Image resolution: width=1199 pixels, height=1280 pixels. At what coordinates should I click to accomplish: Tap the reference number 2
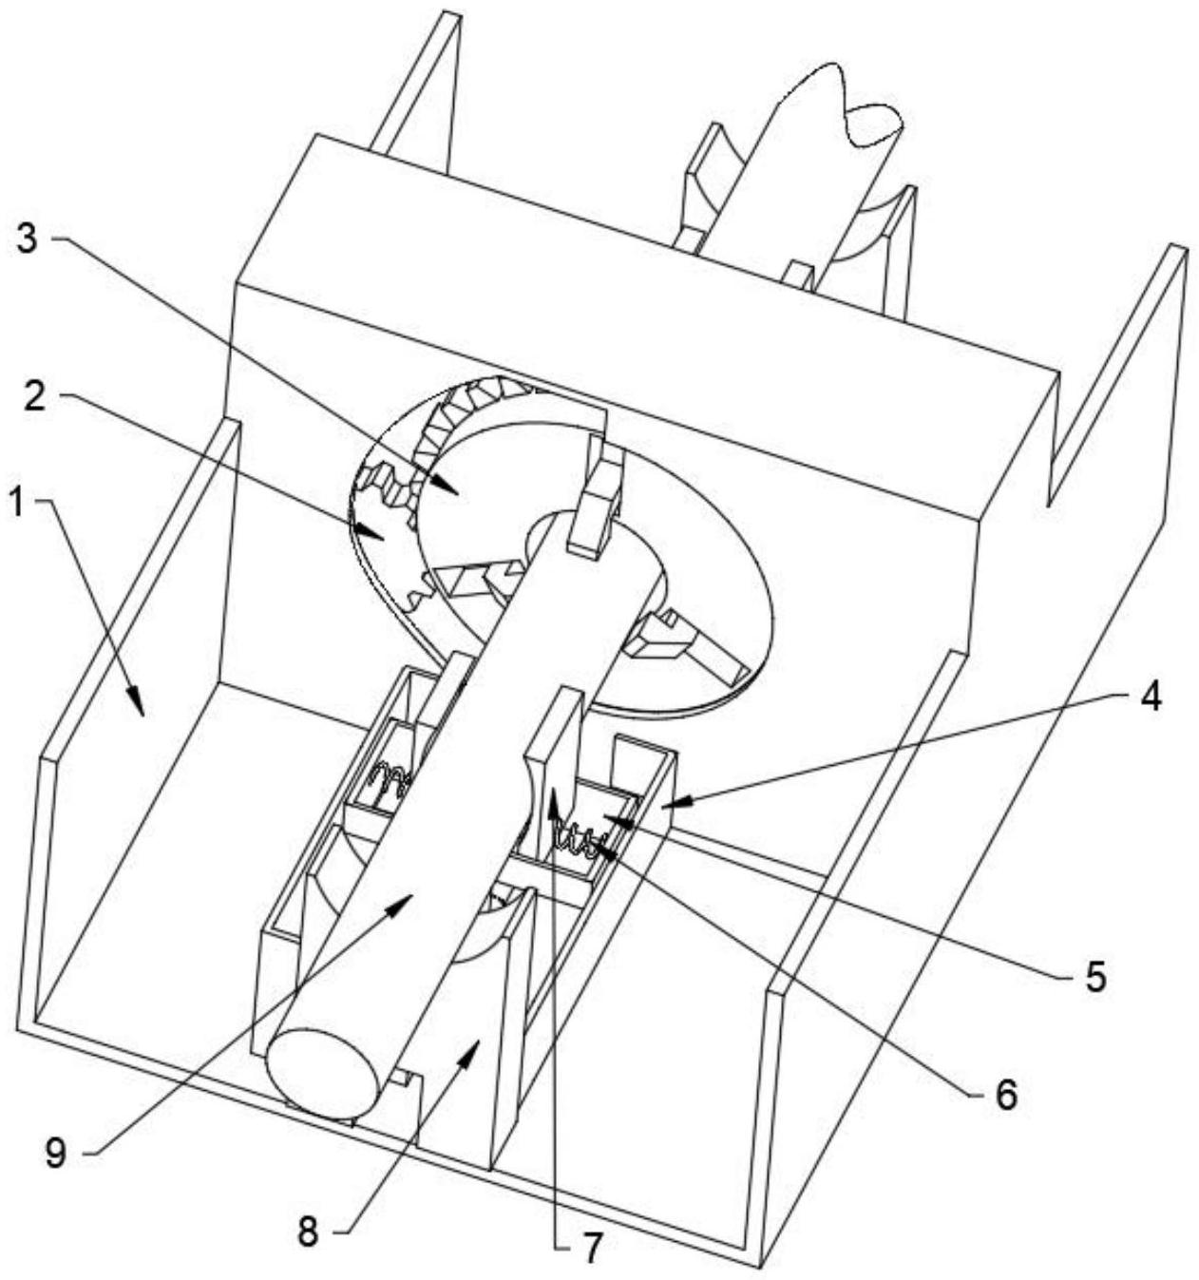coord(34,397)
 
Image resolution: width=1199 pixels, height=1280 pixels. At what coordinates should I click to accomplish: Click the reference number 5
coord(1095,976)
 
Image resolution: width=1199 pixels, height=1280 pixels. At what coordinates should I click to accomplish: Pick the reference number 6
coord(1005,1094)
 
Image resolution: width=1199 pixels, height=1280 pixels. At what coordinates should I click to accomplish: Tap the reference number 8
coord(308,1232)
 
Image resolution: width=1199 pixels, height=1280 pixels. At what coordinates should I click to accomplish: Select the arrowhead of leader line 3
coord(456,491)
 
